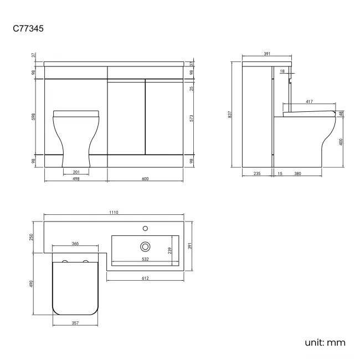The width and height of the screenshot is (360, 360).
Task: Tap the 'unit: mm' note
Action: click(325, 342)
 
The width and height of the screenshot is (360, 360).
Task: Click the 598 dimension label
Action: click(33, 117)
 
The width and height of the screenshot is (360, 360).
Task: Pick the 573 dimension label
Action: click(191, 117)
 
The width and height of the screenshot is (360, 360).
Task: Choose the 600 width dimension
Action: click(146, 179)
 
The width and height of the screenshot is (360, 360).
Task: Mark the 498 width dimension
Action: click(75, 179)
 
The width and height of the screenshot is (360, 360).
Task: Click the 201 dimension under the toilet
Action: click(75, 172)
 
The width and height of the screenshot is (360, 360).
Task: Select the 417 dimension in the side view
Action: click(308, 101)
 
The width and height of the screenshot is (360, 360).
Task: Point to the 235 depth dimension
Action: click(257, 174)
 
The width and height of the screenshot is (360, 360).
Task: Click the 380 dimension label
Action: click(297, 174)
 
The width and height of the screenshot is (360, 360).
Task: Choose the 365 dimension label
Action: click(75, 244)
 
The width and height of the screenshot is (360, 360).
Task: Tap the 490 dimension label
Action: click(32, 283)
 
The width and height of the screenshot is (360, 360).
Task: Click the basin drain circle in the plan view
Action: click(146, 245)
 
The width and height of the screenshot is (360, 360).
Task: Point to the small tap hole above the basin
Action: click(146, 228)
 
